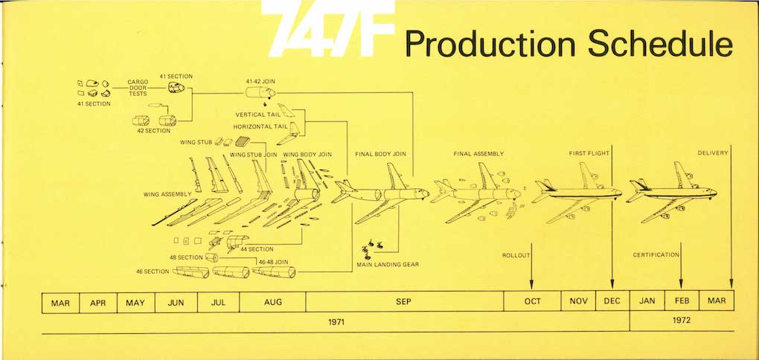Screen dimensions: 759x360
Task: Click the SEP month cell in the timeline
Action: coord(404,301)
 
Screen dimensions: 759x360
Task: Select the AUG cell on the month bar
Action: coord(272,301)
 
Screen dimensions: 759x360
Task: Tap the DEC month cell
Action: coord(612,301)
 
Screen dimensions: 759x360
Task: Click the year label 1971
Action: coord(336,321)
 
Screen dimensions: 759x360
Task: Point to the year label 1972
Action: coord(682,320)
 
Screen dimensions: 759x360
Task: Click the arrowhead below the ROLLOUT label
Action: coord(531,285)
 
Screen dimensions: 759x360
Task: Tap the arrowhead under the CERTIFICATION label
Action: coord(681,284)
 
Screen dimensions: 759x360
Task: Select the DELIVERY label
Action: coord(713,153)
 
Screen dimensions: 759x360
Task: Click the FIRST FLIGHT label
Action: coord(589,153)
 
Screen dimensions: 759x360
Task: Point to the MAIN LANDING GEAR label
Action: coord(388,265)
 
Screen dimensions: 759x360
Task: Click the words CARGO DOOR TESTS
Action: coord(138,88)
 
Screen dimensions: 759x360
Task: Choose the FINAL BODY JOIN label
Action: coord(380,154)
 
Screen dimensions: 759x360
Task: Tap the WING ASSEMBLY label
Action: coord(167,194)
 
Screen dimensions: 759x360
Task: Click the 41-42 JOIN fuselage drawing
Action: coord(260,92)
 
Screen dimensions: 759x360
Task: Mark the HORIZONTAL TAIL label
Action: coord(260,126)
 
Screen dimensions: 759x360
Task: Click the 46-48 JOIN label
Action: coord(274,262)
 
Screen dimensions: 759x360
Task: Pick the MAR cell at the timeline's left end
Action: coord(60,303)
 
